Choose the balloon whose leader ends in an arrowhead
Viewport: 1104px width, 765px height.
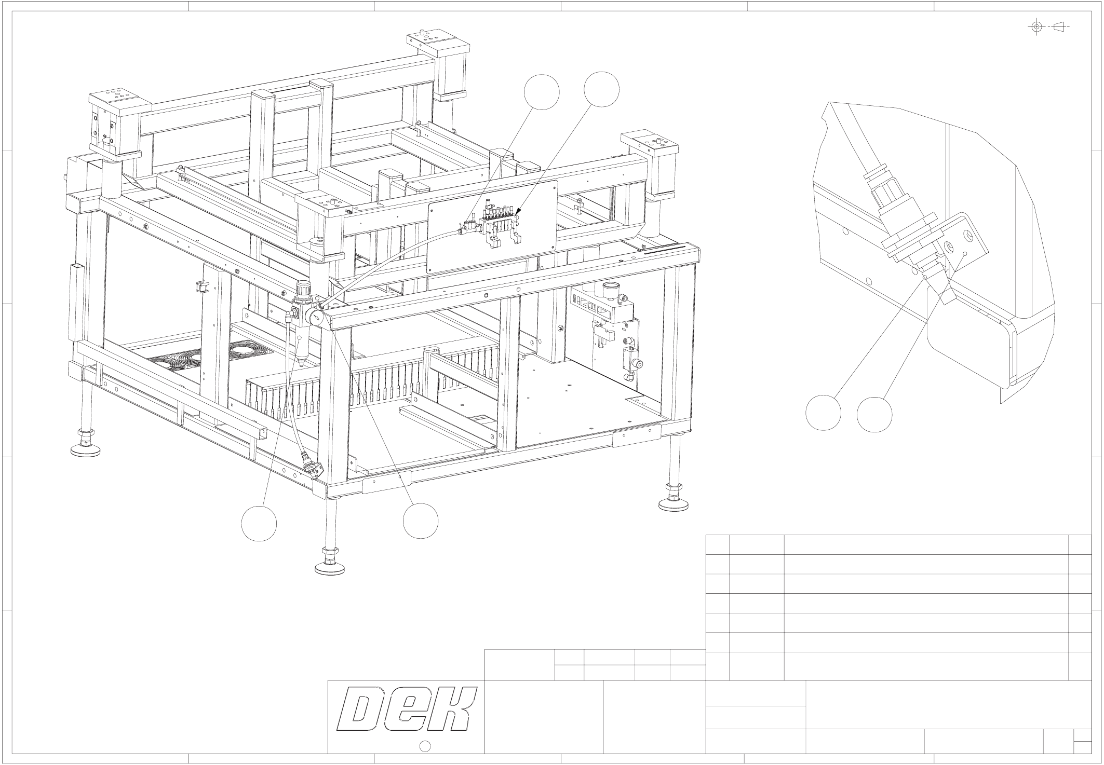601,90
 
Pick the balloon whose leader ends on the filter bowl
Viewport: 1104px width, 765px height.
259,524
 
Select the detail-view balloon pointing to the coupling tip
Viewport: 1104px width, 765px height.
823,413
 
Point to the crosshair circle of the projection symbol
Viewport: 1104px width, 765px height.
1036,26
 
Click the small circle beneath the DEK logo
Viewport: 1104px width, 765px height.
424,746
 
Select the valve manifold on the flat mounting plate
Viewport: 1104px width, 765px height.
499,220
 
